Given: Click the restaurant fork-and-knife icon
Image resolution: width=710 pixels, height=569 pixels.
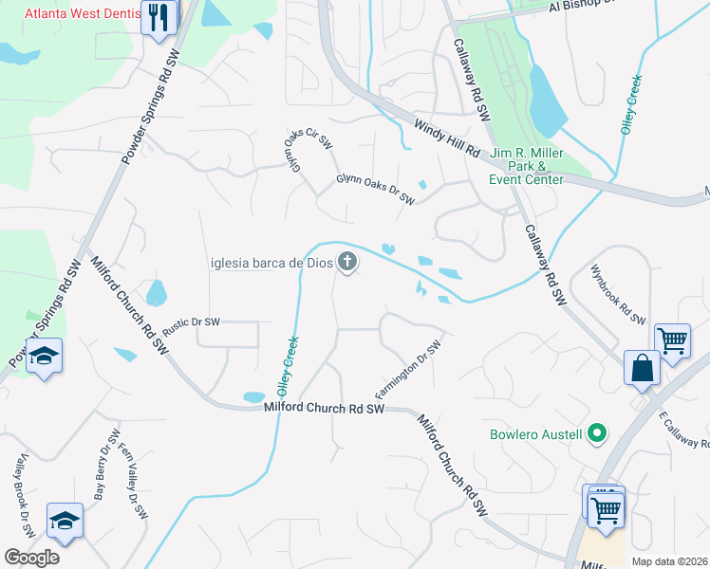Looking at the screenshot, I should pyautogui.click(x=159, y=17).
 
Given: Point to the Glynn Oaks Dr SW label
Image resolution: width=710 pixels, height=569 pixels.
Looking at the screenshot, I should pyautogui.click(x=376, y=189).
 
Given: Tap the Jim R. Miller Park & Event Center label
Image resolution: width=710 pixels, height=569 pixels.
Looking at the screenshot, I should pyautogui.click(x=527, y=166).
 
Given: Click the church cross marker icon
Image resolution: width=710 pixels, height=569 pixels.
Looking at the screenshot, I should pyautogui.click(x=348, y=262).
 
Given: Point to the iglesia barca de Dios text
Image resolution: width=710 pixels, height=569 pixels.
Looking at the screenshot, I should pyautogui.click(x=271, y=263).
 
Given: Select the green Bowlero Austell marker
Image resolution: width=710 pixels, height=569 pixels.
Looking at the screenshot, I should pyautogui.click(x=596, y=435).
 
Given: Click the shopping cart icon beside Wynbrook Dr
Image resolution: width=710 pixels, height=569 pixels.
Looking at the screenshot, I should pyautogui.click(x=672, y=340).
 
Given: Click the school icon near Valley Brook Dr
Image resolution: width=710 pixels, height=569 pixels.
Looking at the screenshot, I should pyautogui.click(x=65, y=521).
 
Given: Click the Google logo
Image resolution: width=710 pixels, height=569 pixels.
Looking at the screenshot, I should pyautogui.click(x=31, y=558).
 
